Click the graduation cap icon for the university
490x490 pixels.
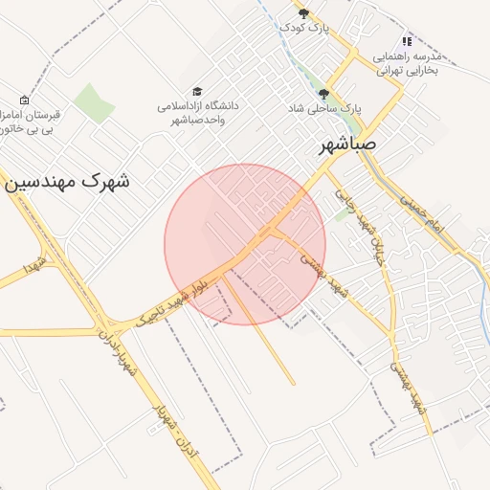pyautogui.click(x=197, y=91)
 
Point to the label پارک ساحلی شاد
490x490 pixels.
pyautogui.click(x=325, y=109)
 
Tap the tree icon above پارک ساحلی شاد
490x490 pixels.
pyautogui.click(x=323, y=94)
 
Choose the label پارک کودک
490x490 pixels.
pyautogui.click(x=304, y=29)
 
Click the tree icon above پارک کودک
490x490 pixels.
pyautogui.click(x=304, y=13)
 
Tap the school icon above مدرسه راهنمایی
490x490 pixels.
pyautogui.click(x=407, y=41)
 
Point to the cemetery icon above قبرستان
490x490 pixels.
pyautogui.click(x=24, y=100)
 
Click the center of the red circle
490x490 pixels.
pyautogui.click(x=245, y=244)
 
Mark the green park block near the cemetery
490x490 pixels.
pyautogui.click(x=94, y=102)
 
